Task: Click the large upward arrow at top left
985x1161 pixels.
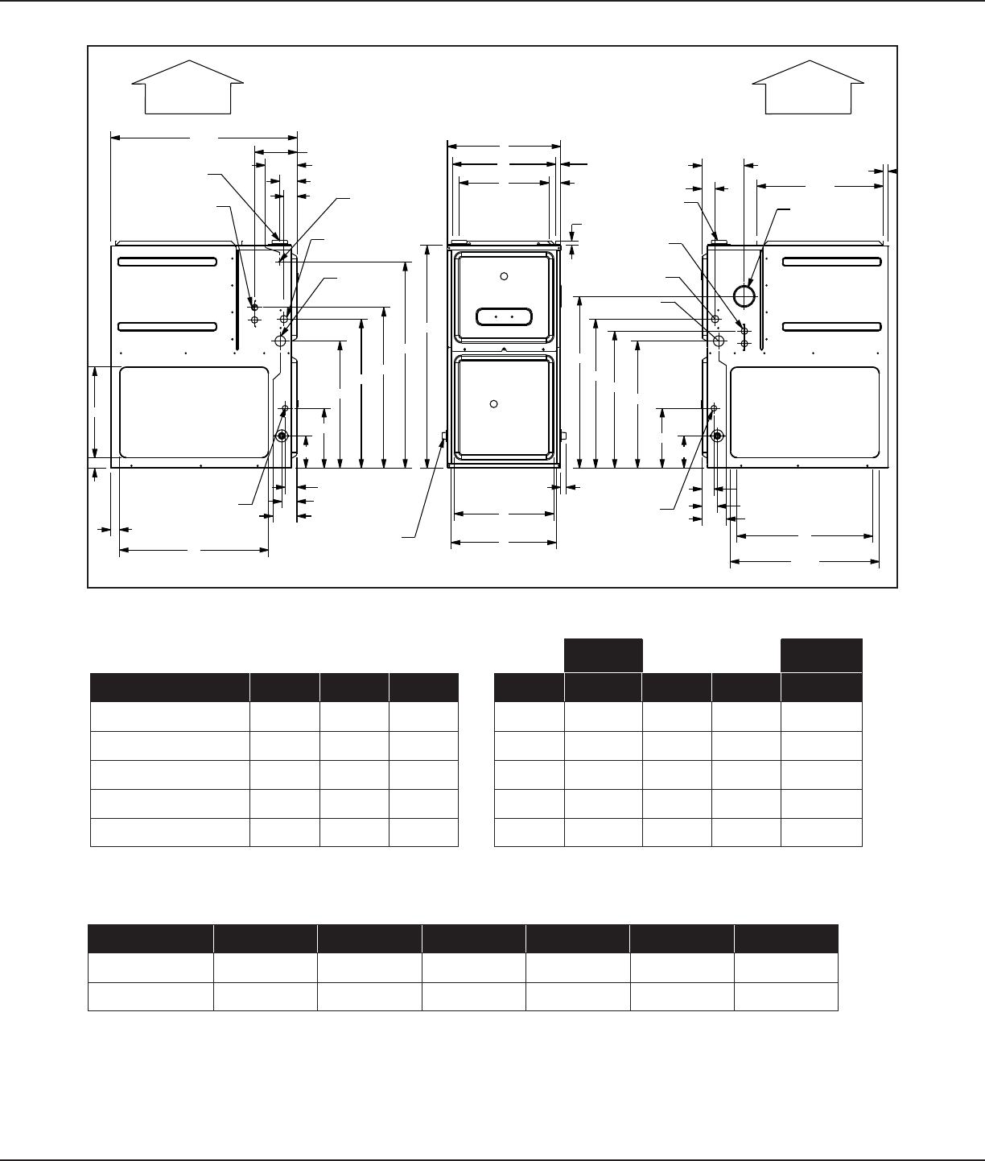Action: tap(188, 85)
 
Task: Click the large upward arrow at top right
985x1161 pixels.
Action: tap(807, 85)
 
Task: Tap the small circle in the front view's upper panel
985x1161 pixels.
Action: tap(504, 277)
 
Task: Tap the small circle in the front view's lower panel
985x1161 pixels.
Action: tap(495, 403)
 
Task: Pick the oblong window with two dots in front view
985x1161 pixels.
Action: tap(504, 316)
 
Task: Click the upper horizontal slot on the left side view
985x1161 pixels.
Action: tap(167, 262)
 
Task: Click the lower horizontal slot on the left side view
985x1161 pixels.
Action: tap(167, 326)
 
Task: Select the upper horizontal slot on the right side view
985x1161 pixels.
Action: tap(831, 262)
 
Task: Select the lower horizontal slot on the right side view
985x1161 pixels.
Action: tap(831, 326)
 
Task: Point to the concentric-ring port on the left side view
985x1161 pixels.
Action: tap(282, 436)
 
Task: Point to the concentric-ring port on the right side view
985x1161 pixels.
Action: tap(717, 436)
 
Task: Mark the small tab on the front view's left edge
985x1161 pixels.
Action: tap(444, 436)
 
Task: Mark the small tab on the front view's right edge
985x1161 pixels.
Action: tap(563, 436)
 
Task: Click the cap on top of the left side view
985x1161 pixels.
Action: tap(278, 240)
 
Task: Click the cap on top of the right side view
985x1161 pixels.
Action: tap(719, 240)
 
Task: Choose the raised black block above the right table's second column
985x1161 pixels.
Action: tap(603, 655)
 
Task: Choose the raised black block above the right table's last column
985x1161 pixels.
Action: tap(822, 655)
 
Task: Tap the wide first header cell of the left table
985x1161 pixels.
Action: tap(170, 688)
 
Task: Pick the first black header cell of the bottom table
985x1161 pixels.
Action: tap(150, 939)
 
